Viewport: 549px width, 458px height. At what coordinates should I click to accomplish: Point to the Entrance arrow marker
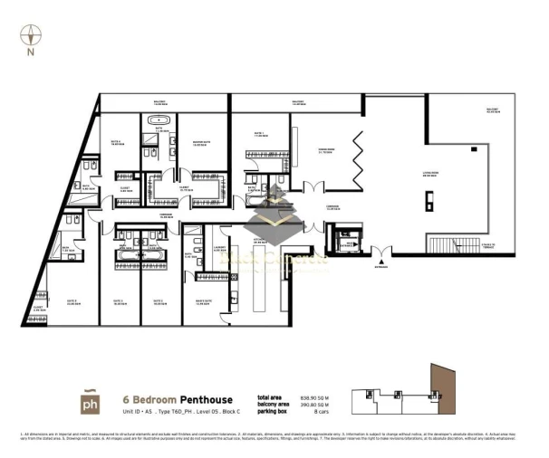tap(382, 262)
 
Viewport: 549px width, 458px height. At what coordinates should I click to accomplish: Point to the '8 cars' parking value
tap(314, 413)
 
